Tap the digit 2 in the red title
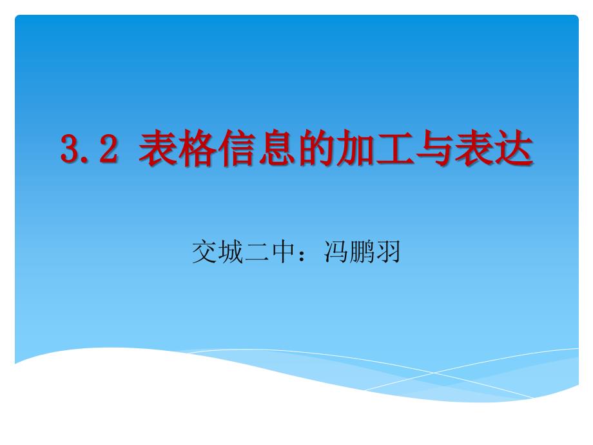pos(108,148)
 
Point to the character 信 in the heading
pos(237,148)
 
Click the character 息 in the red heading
pos(277,148)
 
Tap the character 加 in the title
pos(356,148)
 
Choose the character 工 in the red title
pos(395,148)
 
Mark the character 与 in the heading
pos(435,148)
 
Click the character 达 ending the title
pos(514,148)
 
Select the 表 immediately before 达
pos(474,148)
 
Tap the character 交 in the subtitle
pos(204,252)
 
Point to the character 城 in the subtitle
pos(230,252)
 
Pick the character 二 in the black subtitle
pos(257,252)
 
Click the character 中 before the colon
pos(283,252)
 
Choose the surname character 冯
pos(335,252)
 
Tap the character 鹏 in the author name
pos(362,252)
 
